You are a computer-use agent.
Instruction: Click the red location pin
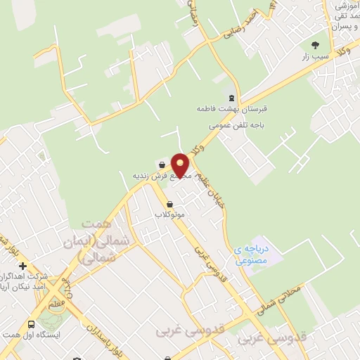pyautogui.click(x=181, y=165)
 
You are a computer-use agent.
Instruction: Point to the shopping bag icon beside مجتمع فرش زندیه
pyautogui.click(x=162, y=165)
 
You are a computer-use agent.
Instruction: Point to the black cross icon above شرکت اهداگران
pyautogui.click(x=23, y=266)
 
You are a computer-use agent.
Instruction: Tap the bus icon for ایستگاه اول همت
pyautogui.click(x=31, y=324)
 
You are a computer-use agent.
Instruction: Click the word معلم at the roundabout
pyautogui.click(x=53, y=303)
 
